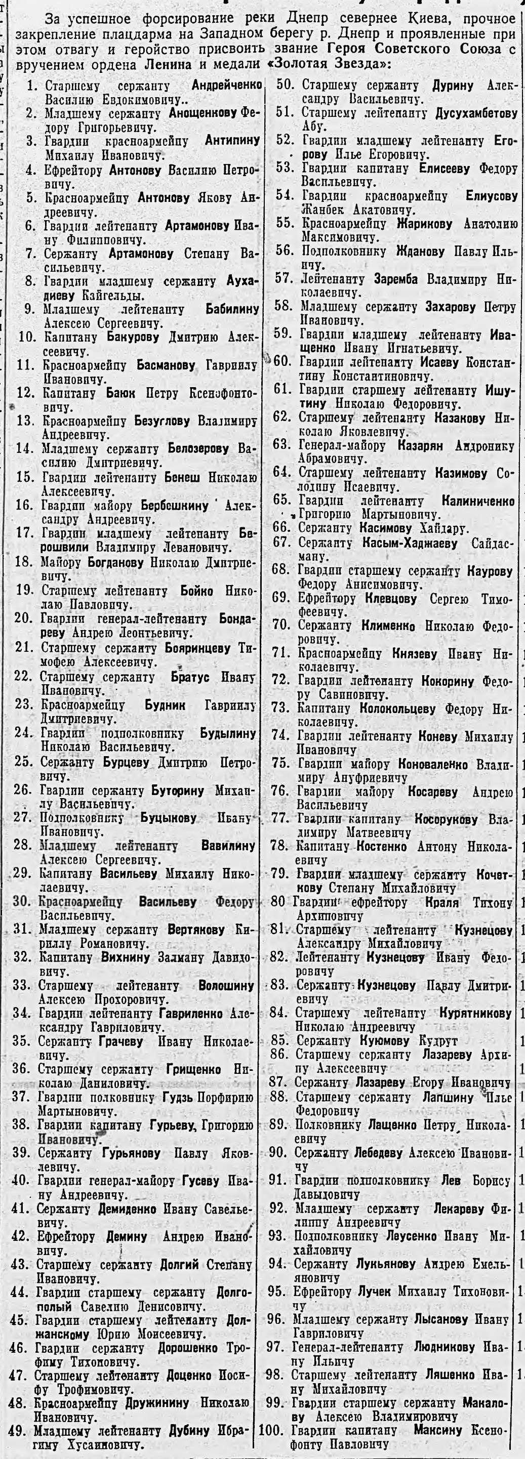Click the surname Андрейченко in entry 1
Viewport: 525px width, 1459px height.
pos(227,86)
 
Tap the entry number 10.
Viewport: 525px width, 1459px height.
pos(27,338)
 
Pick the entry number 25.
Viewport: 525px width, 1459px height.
pos(24,762)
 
